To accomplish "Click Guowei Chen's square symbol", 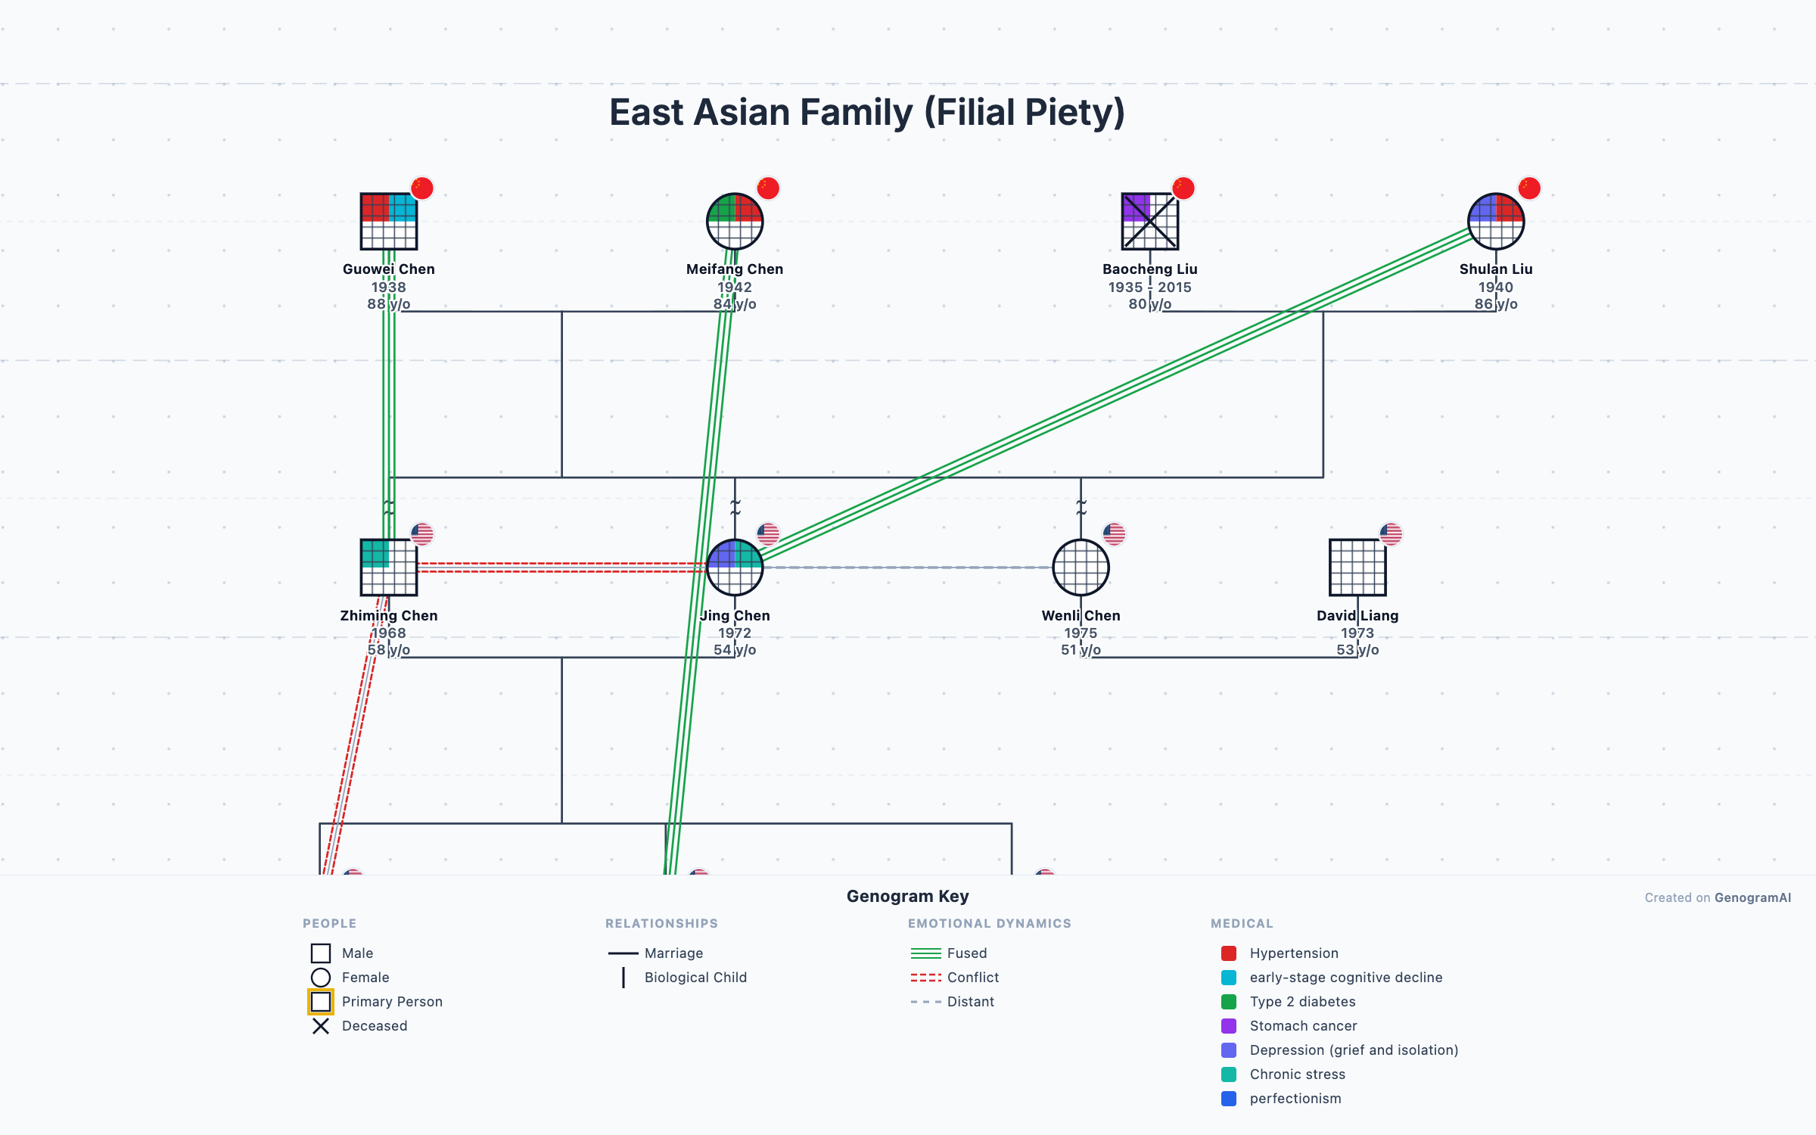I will (x=388, y=222).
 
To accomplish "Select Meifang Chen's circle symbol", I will (x=734, y=222).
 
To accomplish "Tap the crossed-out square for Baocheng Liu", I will (x=1149, y=222).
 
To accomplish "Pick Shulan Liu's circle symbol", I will (x=1495, y=222).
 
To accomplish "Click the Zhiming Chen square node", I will (x=388, y=567).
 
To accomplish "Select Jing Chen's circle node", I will (x=734, y=567).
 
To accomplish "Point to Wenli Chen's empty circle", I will (x=1081, y=567).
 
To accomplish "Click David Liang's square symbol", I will (x=1357, y=567).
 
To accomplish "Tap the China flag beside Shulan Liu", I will (x=1528, y=188).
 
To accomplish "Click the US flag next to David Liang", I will (x=1391, y=533).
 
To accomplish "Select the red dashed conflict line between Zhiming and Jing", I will (x=560, y=567).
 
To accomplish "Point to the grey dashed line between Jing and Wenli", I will (x=908, y=567).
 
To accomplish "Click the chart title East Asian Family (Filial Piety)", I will (x=867, y=112).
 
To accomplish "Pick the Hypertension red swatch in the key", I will (x=1229, y=953).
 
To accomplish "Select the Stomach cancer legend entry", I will (x=1303, y=1026).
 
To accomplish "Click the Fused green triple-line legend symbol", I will (x=925, y=953).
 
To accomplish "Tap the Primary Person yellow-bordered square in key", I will (x=321, y=1002).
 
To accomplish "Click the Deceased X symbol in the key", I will (x=321, y=1026).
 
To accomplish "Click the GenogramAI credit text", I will (x=1752, y=897).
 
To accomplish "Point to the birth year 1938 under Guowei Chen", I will (x=388, y=287).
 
